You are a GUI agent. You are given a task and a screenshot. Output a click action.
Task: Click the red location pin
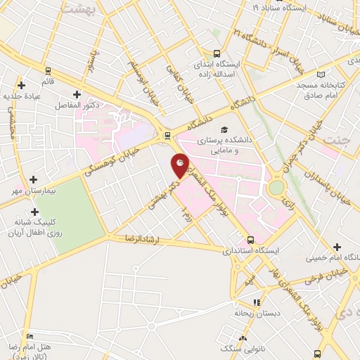tap(180, 165)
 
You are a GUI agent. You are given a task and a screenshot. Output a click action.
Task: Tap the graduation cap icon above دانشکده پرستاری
tap(224, 129)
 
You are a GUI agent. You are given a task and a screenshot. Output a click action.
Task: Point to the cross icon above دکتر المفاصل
tap(77, 94)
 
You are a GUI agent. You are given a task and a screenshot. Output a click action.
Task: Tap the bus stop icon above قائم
tap(49, 71)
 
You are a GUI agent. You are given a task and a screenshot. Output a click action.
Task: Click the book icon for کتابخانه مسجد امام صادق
tap(321, 75)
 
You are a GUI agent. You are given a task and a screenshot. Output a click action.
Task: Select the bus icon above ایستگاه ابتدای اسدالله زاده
tap(217, 53)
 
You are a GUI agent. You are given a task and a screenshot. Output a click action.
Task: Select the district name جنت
tap(335, 138)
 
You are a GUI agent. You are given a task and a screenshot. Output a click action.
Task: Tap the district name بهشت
tap(77, 8)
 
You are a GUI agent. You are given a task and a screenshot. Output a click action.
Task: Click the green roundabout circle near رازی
tap(276, 187)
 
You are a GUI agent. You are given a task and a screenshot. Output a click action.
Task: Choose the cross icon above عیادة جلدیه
tap(23, 84)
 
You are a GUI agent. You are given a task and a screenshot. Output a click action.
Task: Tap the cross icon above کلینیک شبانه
tap(34, 212)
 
